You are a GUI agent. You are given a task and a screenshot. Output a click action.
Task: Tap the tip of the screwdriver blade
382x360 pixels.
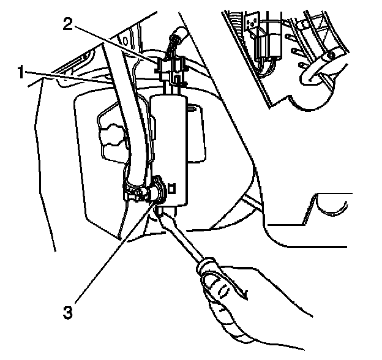[x=160, y=211]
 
